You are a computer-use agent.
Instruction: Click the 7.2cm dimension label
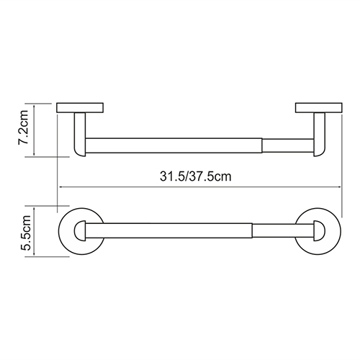(23, 127)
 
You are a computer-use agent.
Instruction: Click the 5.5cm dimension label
(25, 233)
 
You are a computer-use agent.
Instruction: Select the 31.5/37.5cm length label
(196, 176)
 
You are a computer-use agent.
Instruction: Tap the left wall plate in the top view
(80, 108)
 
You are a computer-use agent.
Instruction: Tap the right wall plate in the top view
(319, 108)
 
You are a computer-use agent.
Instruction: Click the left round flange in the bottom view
(63, 231)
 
